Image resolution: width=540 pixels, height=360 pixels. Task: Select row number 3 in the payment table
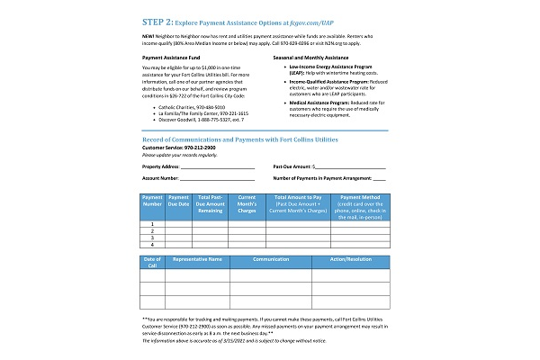[x=153, y=238]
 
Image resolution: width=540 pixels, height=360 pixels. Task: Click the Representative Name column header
[x=197, y=259]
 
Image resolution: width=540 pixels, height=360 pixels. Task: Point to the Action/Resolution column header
[x=350, y=259]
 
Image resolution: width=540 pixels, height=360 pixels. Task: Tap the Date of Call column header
[x=153, y=262]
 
